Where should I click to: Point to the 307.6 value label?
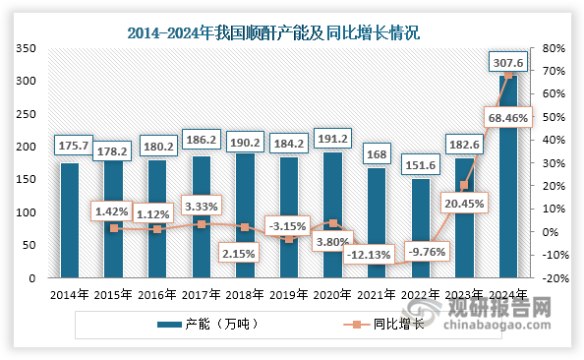pyautogui.click(x=508, y=63)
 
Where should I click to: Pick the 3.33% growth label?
pyautogui.click(x=202, y=206)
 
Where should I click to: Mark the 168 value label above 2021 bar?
pyautogui.click(x=377, y=152)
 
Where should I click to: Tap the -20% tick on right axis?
pyautogui.click(x=553, y=278)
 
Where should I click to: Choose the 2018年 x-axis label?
pyautogui.click(x=245, y=293)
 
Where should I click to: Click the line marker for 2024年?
pyautogui.click(x=508, y=75)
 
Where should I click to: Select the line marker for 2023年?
pyautogui.click(x=464, y=185)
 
